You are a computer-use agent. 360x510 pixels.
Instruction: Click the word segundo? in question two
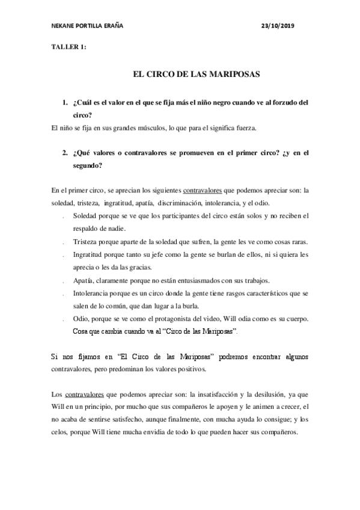(x=87, y=165)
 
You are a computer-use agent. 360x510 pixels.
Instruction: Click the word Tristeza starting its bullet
(x=85, y=241)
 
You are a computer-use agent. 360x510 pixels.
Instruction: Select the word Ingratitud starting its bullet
(x=88, y=254)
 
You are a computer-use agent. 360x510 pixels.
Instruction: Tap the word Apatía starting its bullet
(x=83, y=280)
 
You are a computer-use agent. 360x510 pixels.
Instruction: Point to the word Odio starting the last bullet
(x=80, y=318)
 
